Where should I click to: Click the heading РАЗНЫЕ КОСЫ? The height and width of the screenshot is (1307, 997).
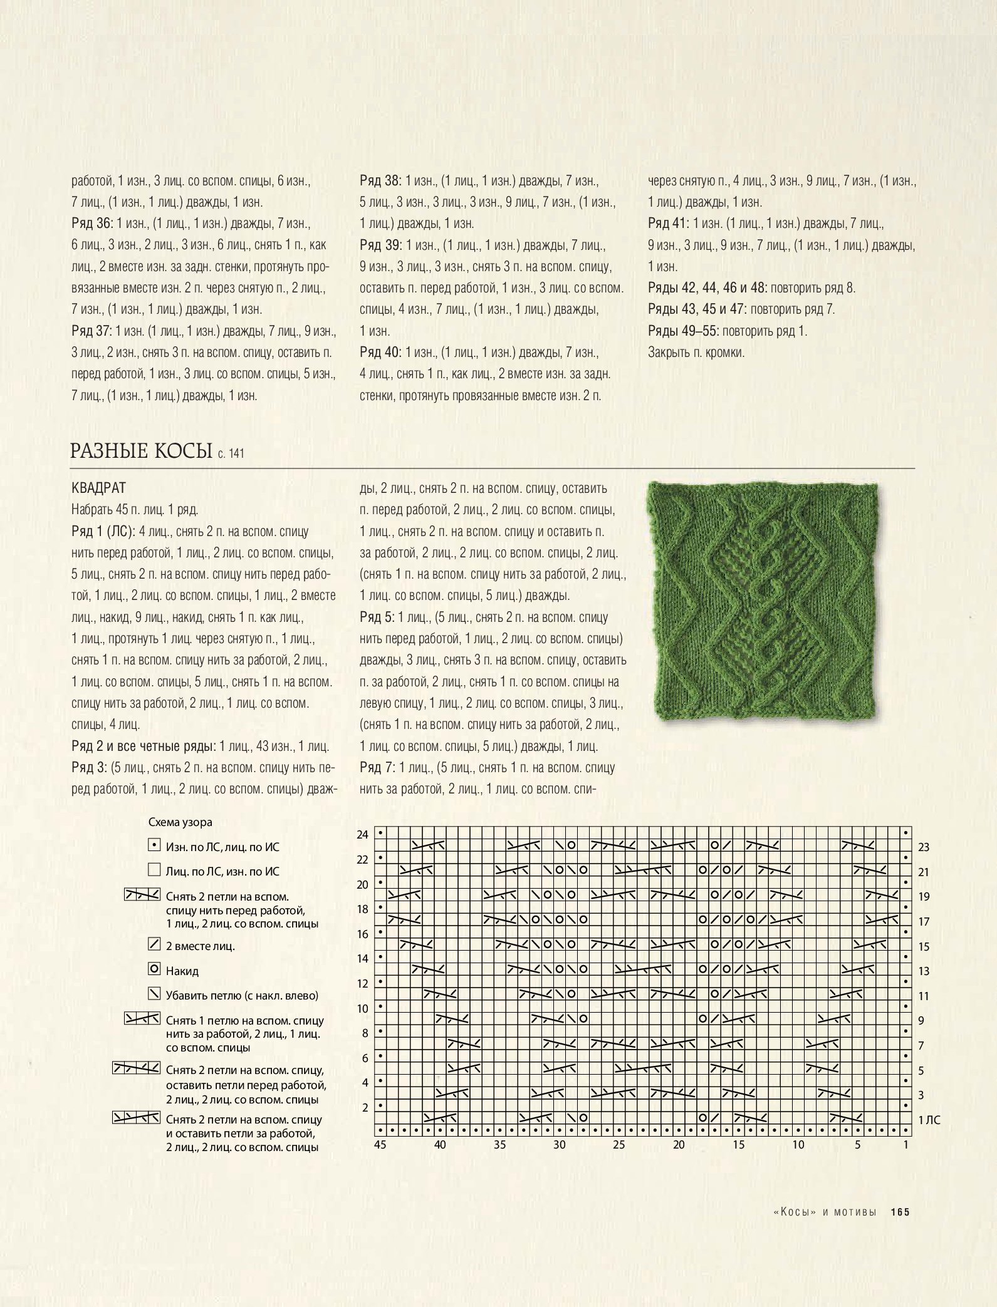(x=142, y=451)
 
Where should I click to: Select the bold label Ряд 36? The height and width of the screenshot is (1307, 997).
(x=91, y=224)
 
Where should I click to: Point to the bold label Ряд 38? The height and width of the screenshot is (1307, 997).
(x=380, y=181)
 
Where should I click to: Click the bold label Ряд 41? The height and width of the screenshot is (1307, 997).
(x=668, y=224)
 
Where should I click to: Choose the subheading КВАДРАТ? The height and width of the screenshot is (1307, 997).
(x=99, y=488)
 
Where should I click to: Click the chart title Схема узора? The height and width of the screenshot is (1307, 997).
(x=180, y=822)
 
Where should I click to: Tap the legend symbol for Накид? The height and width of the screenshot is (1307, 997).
(x=154, y=969)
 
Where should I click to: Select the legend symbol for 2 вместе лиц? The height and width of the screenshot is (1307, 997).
(x=154, y=944)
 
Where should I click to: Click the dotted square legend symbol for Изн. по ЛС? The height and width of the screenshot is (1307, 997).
(x=154, y=845)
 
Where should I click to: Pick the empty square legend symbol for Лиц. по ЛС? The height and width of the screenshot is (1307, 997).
(x=154, y=869)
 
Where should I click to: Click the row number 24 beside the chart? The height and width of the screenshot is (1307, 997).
(x=363, y=835)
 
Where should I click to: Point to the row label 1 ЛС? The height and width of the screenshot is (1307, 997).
(x=929, y=1120)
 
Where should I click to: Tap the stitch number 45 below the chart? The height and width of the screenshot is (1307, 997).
(x=380, y=1145)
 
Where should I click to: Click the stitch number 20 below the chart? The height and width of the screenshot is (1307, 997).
(x=679, y=1145)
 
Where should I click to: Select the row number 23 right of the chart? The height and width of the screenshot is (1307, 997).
(x=924, y=847)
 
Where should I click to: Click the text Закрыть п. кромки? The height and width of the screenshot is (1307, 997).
(x=696, y=353)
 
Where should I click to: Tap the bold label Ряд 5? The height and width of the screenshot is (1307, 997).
(x=377, y=617)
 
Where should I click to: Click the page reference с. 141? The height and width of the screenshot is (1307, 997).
(x=231, y=453)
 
